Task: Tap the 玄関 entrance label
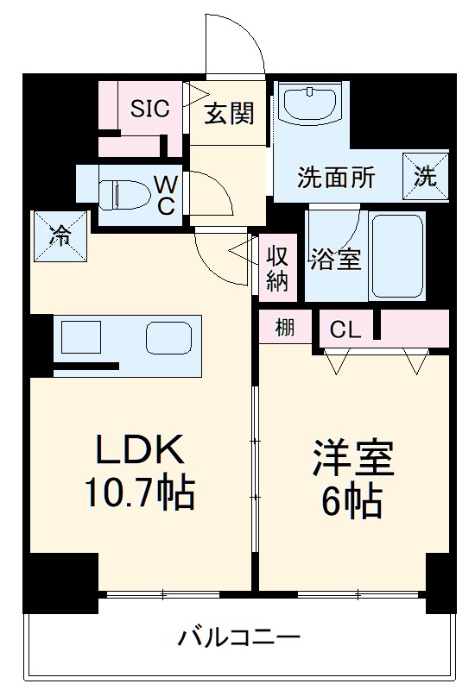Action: (x=229, y=113)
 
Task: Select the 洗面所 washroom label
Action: (x=337, y=178)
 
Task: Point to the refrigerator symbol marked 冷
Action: (x=60, y=236)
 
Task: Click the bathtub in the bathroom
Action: (x=396, y=255)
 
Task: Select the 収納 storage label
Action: (x=276, y=267)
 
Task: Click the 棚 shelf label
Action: (x=284, y=328)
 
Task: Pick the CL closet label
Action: (x=345, y=329)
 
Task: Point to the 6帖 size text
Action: (x=355, y=502)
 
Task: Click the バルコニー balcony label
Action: (x=239, y=639)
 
